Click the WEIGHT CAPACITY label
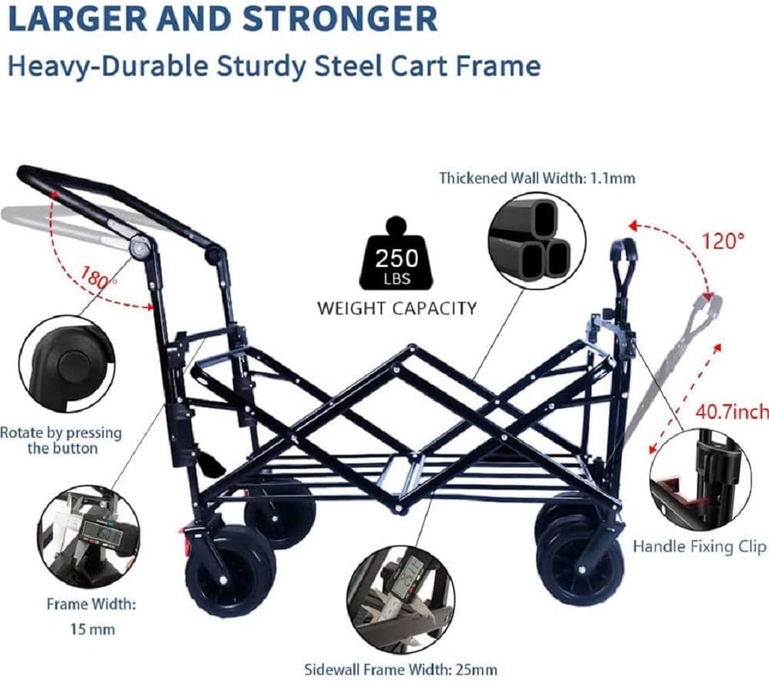pos(396,308)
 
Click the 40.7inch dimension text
pos(732,412)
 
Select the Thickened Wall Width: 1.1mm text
pos(537,178)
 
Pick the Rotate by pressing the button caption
pos(61,440)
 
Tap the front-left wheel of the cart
pos(230,571)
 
